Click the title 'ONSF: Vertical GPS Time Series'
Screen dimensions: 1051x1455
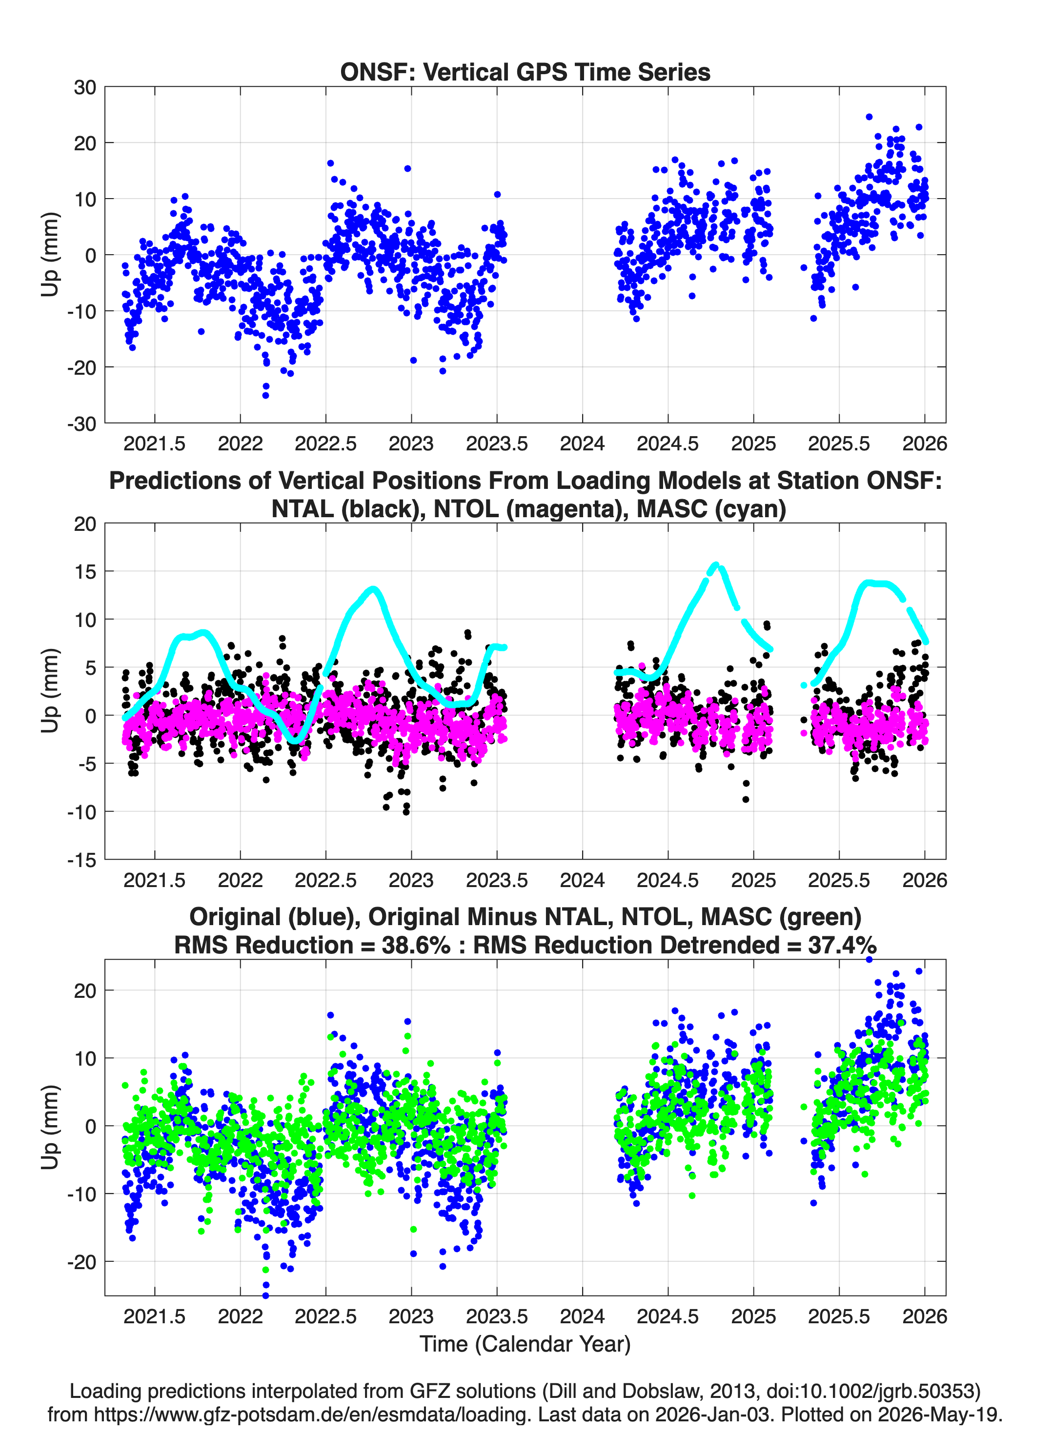525,72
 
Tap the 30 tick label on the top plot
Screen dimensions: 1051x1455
85,87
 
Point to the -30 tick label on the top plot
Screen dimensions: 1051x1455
81,424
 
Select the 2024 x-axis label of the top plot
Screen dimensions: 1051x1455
582,444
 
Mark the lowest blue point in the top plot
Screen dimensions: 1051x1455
265,395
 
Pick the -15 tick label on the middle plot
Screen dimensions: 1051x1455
81,860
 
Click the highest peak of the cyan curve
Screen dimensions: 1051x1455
717,565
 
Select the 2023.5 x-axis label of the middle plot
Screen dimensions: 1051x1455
497,880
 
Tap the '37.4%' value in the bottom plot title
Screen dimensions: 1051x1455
842,945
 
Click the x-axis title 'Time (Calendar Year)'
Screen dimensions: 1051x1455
525,1344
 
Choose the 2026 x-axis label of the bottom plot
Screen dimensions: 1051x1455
925,1316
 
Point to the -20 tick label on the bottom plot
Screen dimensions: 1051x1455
81,1261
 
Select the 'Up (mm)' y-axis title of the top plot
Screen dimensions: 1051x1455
50,255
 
